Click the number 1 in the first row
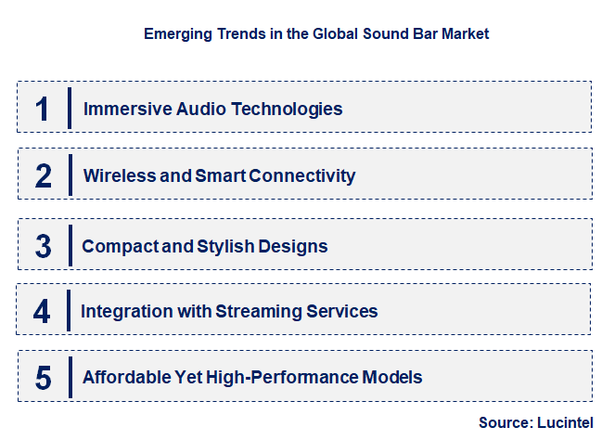pos(43,109)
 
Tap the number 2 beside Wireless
pos(43,175)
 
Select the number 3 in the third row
pos(43,247)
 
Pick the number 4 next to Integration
pos(43,311)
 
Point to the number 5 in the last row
pos(43,378)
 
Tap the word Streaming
pos(255,311)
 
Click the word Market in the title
pos(465,33)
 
